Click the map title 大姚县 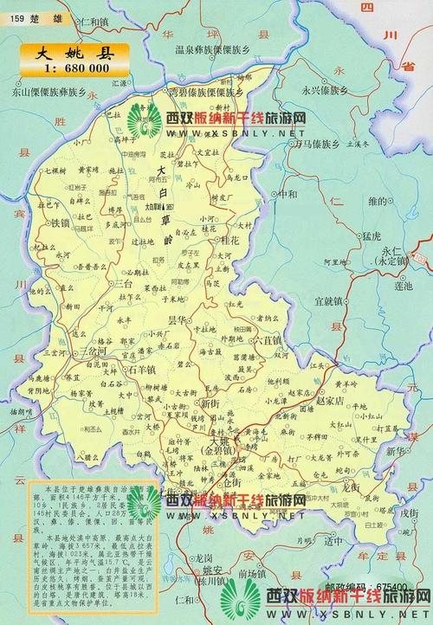73,51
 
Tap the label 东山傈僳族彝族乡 48,90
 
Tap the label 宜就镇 331,301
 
